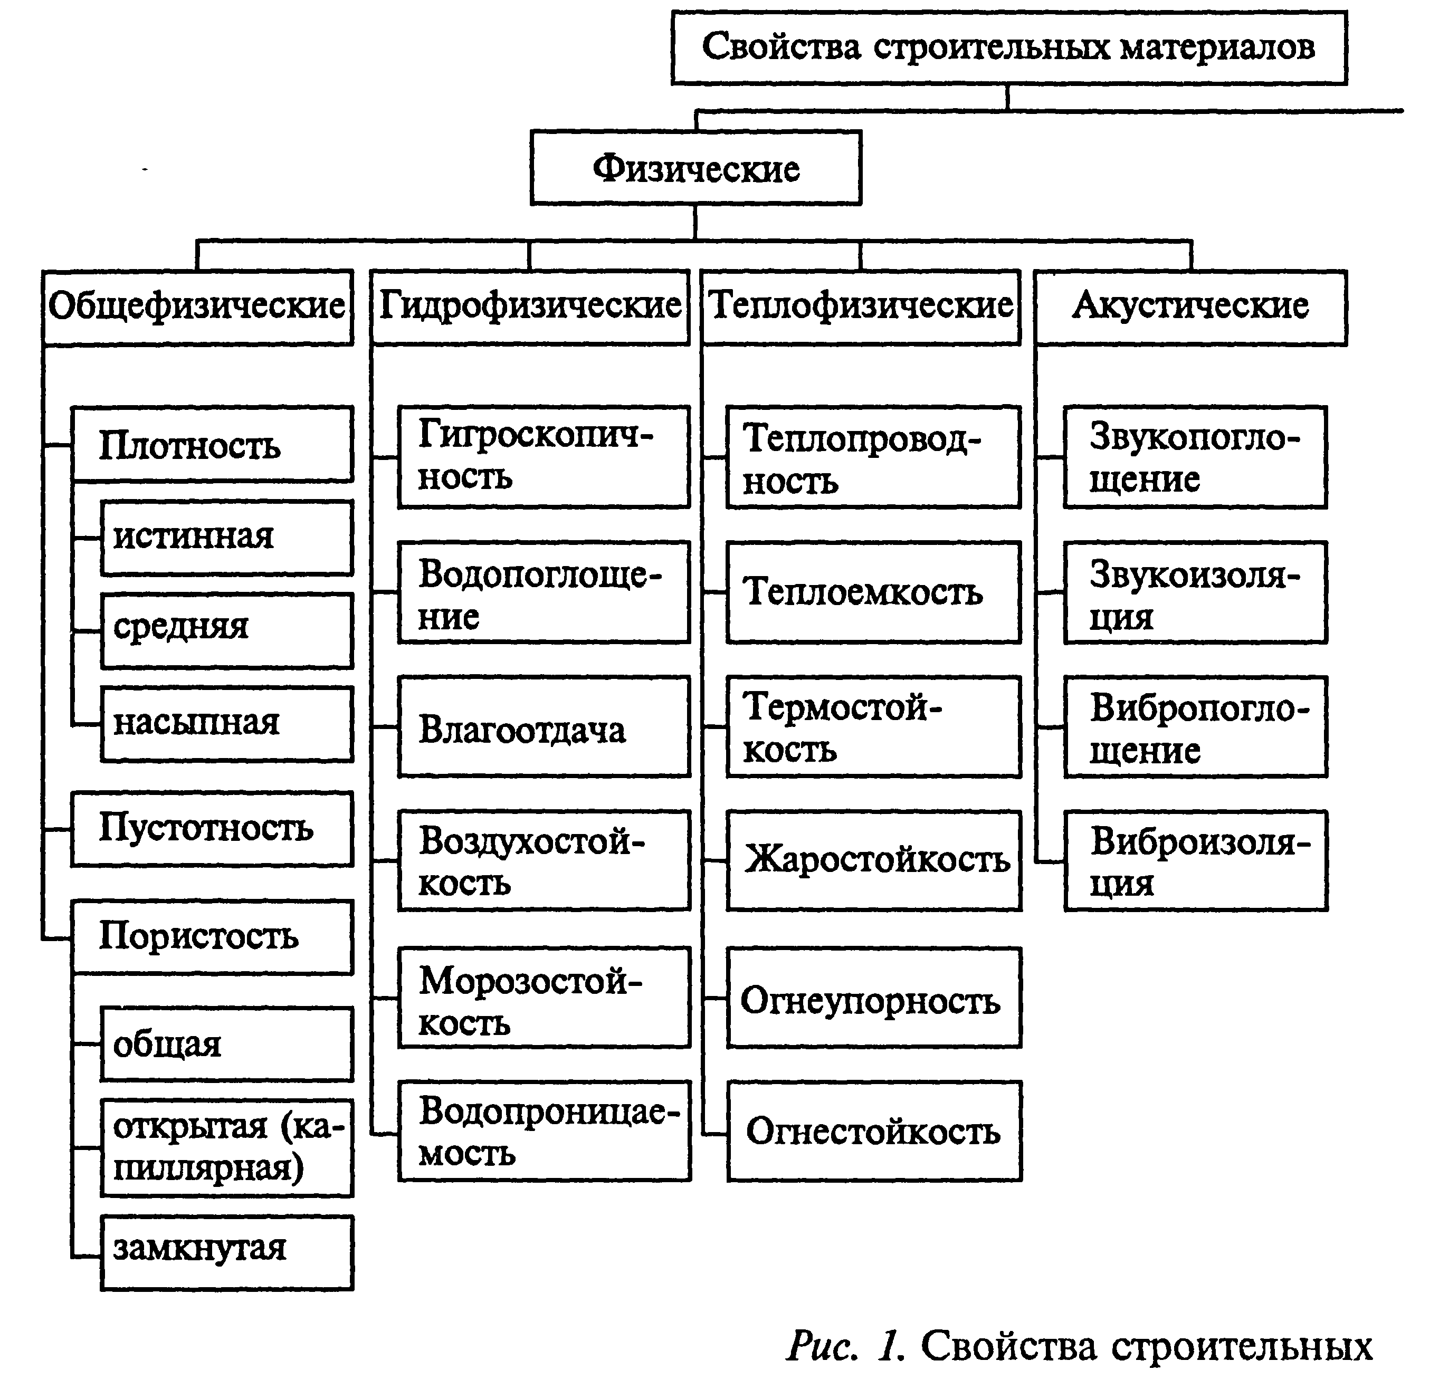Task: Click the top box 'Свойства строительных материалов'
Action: click(1009, 47)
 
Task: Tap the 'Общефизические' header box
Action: click(197, 308)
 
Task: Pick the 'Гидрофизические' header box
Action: click(530, 308)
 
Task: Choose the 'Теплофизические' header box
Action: click(861, 308)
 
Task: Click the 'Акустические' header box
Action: click(1191, 308)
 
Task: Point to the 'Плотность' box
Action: click(212, 445)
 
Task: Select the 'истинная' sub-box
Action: click(227, 538)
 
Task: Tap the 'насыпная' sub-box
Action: click(227, 724)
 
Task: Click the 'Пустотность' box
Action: click(212, 829)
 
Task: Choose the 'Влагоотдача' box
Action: click(544, 727)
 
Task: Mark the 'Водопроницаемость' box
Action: click(544, 1131)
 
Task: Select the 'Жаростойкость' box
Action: click(874, 861)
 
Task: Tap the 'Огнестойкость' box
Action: click(874, 1131)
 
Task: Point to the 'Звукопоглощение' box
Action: click(1195, 457)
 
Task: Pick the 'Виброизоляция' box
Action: click(1196, 861)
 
